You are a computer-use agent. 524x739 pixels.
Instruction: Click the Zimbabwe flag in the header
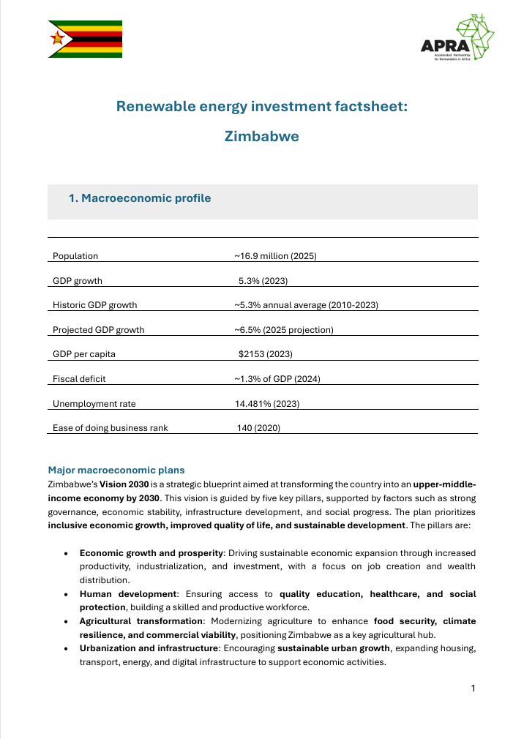pos(86,39)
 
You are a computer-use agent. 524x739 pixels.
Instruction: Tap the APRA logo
pos(457,40)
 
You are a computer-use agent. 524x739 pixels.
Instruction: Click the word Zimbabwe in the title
pos(261,136)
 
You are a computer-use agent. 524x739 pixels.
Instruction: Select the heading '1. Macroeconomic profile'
pos(139,198)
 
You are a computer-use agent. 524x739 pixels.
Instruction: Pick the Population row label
pos(75,256)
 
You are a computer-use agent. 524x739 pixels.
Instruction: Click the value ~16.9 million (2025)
pos(275,256)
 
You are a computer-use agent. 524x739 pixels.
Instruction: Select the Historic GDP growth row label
pos(95,305)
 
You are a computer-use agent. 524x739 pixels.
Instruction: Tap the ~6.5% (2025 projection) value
pos(284,330)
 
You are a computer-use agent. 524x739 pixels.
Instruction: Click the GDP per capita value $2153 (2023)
pos(266,354)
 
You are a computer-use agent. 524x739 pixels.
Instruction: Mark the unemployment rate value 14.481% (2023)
pos(266,404)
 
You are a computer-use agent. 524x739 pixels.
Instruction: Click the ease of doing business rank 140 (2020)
pos(258,428)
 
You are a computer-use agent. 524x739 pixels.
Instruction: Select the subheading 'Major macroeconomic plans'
pos(116,470)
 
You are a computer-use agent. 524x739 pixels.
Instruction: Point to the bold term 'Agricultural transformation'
pos(141,621)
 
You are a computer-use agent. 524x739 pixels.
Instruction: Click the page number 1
pos(474,688)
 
